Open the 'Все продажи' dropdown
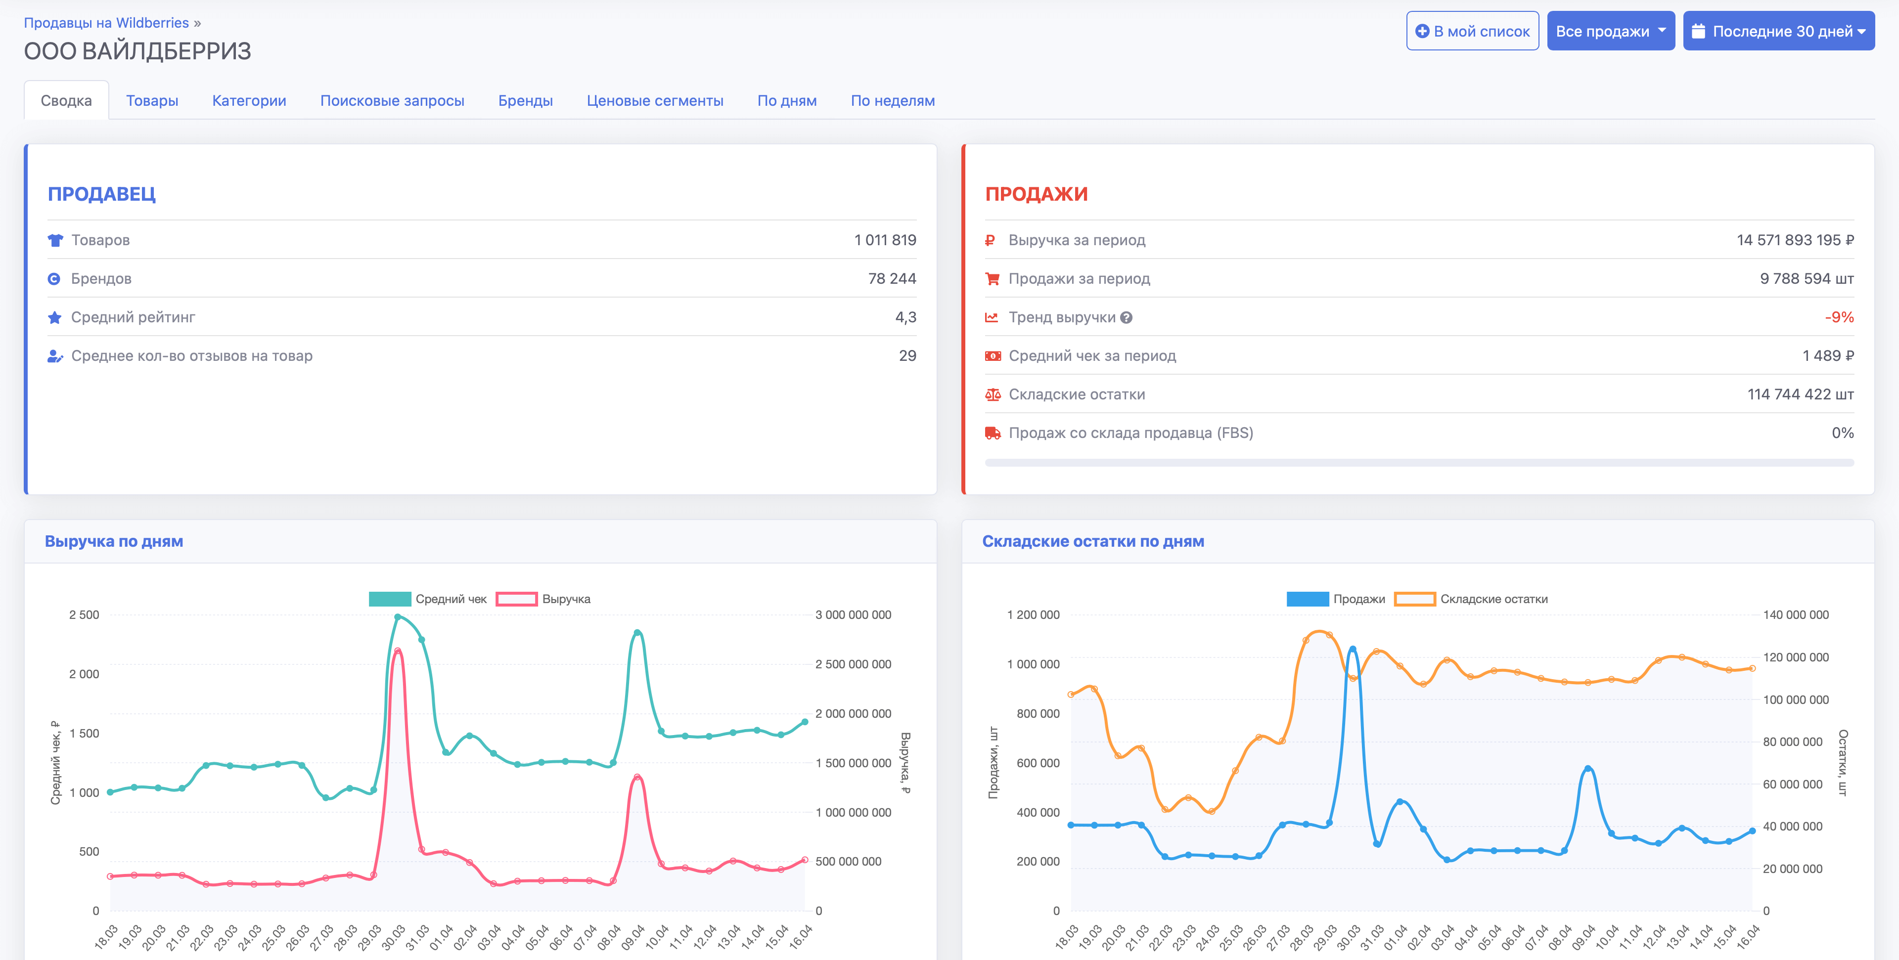(x=1610, y=31)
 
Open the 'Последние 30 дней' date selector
(x=1778, y=31)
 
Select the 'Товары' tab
(x=152, y=101)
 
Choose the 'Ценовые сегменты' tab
(x=655, y=101)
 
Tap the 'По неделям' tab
(x=892, y=101)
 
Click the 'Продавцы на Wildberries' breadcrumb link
(x=106, y=23)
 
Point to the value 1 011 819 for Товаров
(x=885, y=240)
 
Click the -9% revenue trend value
(x=1839, y=317)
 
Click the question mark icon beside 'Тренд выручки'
(x=1126, y=317)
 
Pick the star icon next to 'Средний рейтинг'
(x=54, y=317)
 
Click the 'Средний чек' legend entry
(x=428, y=599)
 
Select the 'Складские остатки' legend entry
(x=1471, y=599)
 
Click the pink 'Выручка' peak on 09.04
(x=637, y=777)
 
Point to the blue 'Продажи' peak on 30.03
(x=1352, y=649)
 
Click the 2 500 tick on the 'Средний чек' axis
(x=84, y=614)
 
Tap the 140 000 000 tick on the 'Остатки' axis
(x=1795, y=614)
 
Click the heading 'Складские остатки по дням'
(x=1092, y=541)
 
